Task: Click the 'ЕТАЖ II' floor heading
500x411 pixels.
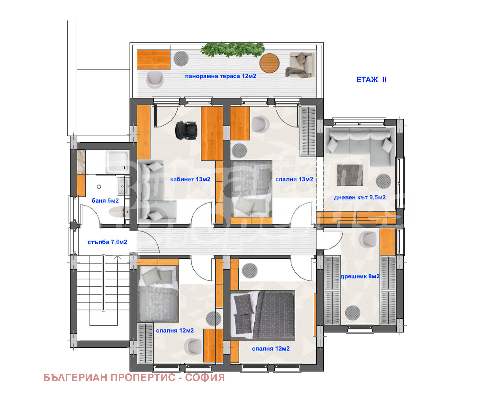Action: point(371,80)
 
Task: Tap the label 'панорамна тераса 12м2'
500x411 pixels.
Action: point(220,76)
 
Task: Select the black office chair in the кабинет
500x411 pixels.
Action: point(186,130)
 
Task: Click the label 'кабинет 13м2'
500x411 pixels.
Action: point(190,179)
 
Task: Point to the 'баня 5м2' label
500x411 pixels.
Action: point(105,201)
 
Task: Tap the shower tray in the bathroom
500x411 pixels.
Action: point(117,162)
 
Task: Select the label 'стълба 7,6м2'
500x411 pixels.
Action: point(107,242)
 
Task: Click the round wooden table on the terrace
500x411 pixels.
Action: point(269,63)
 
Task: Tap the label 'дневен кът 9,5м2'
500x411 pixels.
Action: point(359,197)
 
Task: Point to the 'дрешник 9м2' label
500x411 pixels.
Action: point(360,276)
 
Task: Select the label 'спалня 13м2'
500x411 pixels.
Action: point(294,179)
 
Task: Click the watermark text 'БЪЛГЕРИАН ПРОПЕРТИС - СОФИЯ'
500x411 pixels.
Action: point(134,377)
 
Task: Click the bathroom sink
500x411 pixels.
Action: point(123,186)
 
